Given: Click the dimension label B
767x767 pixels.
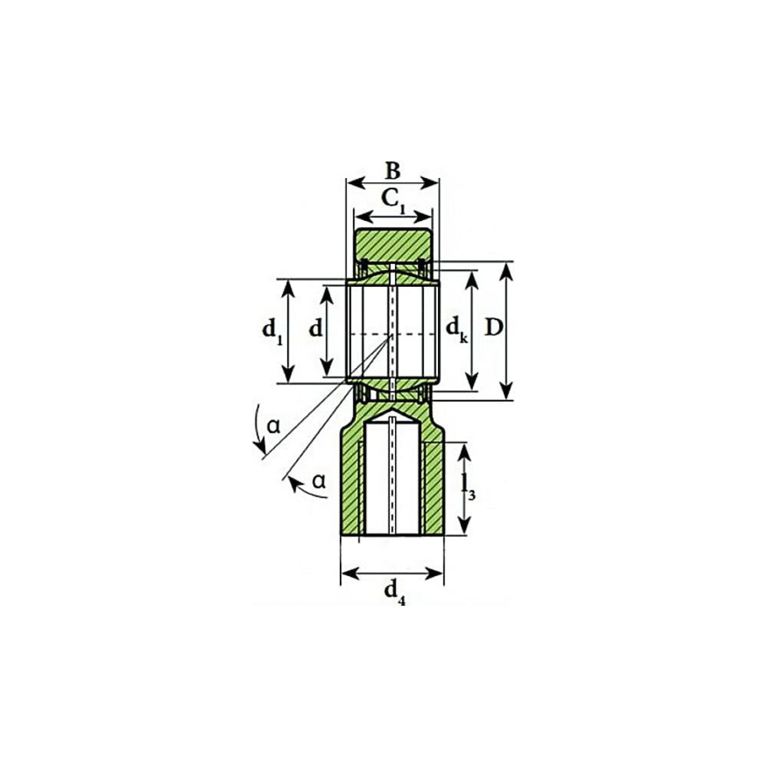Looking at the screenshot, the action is coord(393,171).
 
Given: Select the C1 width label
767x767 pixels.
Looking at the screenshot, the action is coord(393,200).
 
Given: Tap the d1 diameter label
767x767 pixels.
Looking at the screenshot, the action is coord(272,331).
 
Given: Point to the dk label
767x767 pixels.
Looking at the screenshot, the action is coord(457,329).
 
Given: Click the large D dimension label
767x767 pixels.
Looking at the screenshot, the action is coord(493,328).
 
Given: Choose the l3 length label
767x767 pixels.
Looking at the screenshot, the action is coord(468,488).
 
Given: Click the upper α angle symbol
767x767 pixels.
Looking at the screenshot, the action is coord(274,426).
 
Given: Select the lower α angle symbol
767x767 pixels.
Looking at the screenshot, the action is coord(319,481).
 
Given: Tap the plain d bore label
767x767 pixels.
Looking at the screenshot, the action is coord(316,328).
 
